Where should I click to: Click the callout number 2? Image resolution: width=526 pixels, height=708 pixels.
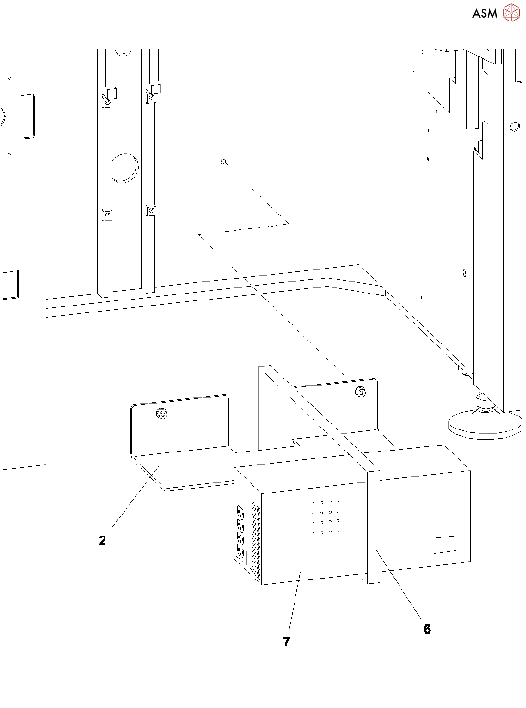[102, 540]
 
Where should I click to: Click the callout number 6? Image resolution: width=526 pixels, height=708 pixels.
[427, 629]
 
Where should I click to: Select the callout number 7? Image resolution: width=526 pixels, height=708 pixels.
[286, 642]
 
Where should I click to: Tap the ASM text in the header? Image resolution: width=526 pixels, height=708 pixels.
[484, 14]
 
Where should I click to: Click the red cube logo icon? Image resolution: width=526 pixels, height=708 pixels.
[511, 13]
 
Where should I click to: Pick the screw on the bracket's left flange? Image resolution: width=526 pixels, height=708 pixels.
[162, 414]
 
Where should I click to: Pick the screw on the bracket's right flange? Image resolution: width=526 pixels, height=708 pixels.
[360, 392]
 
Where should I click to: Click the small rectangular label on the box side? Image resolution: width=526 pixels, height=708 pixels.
[445, 545]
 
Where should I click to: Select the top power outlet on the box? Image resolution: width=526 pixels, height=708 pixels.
[240, 514]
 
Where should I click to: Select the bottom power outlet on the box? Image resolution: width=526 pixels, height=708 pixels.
[241, 553]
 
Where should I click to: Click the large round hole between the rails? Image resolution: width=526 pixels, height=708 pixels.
[124, 168]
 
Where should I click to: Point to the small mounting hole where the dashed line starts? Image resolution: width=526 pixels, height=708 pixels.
[223, 161]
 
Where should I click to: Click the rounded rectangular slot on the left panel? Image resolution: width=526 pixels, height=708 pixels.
[27, 116]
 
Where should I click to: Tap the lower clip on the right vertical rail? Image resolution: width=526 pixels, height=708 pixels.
[152, 211]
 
